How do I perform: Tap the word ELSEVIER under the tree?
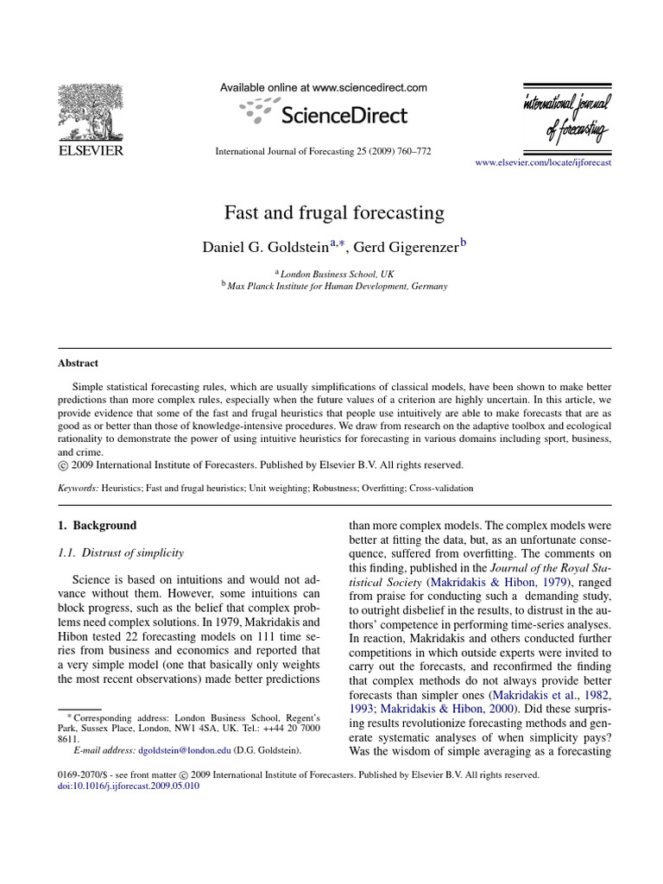90,150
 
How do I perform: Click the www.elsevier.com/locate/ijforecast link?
543,162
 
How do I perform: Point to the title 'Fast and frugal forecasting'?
334,212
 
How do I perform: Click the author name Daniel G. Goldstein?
264,247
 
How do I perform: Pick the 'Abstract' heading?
78,363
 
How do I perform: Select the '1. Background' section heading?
97,525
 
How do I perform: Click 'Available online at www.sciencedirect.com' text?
324,87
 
